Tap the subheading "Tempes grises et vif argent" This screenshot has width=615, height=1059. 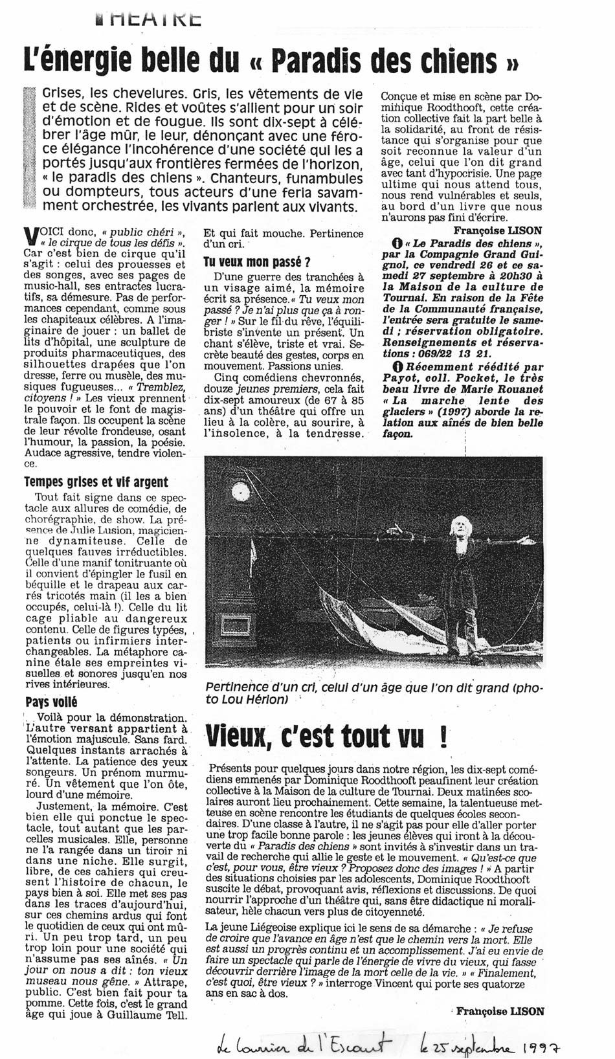tap(96, 482)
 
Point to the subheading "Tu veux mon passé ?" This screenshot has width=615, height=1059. tap(257, 262)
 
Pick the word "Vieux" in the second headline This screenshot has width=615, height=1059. tap(240, 737)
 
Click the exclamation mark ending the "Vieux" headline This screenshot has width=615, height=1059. tap(443, 737)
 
